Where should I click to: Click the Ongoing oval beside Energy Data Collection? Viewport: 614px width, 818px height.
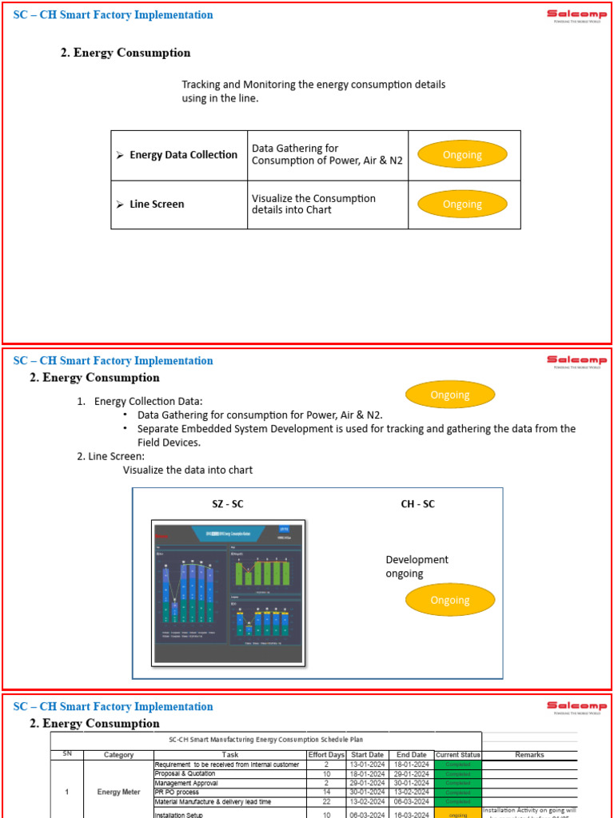coord(462,155)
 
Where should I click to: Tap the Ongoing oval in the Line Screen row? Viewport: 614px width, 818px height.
coord(462,204)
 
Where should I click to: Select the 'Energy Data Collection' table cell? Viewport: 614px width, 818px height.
coord(183,155)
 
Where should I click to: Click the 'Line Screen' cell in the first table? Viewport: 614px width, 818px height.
coord(157,204)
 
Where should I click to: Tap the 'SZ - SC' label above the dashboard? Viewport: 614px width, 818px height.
coord(228,504)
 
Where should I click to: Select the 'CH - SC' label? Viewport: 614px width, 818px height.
coord(417,504)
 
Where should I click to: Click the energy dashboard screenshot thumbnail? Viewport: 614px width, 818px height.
coord(228,592)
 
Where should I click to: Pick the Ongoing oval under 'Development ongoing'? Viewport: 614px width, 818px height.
coord(450,600)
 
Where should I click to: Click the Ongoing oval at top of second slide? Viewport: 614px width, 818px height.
coord(450,395)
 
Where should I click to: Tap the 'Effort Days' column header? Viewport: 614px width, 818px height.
coord(326,755)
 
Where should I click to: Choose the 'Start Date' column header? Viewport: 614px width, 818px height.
coord(367,755)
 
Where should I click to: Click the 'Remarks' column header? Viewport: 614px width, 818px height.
coord(529,755)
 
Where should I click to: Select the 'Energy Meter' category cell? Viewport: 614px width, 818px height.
coord(119,792)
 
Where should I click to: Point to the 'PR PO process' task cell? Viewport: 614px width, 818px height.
coord(177,792)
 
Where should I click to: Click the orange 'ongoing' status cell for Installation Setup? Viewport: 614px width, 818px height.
coord(458,815)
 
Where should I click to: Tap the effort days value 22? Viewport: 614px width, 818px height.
coord(326,801)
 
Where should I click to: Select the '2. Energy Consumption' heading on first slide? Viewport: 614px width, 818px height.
coord(126,53)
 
